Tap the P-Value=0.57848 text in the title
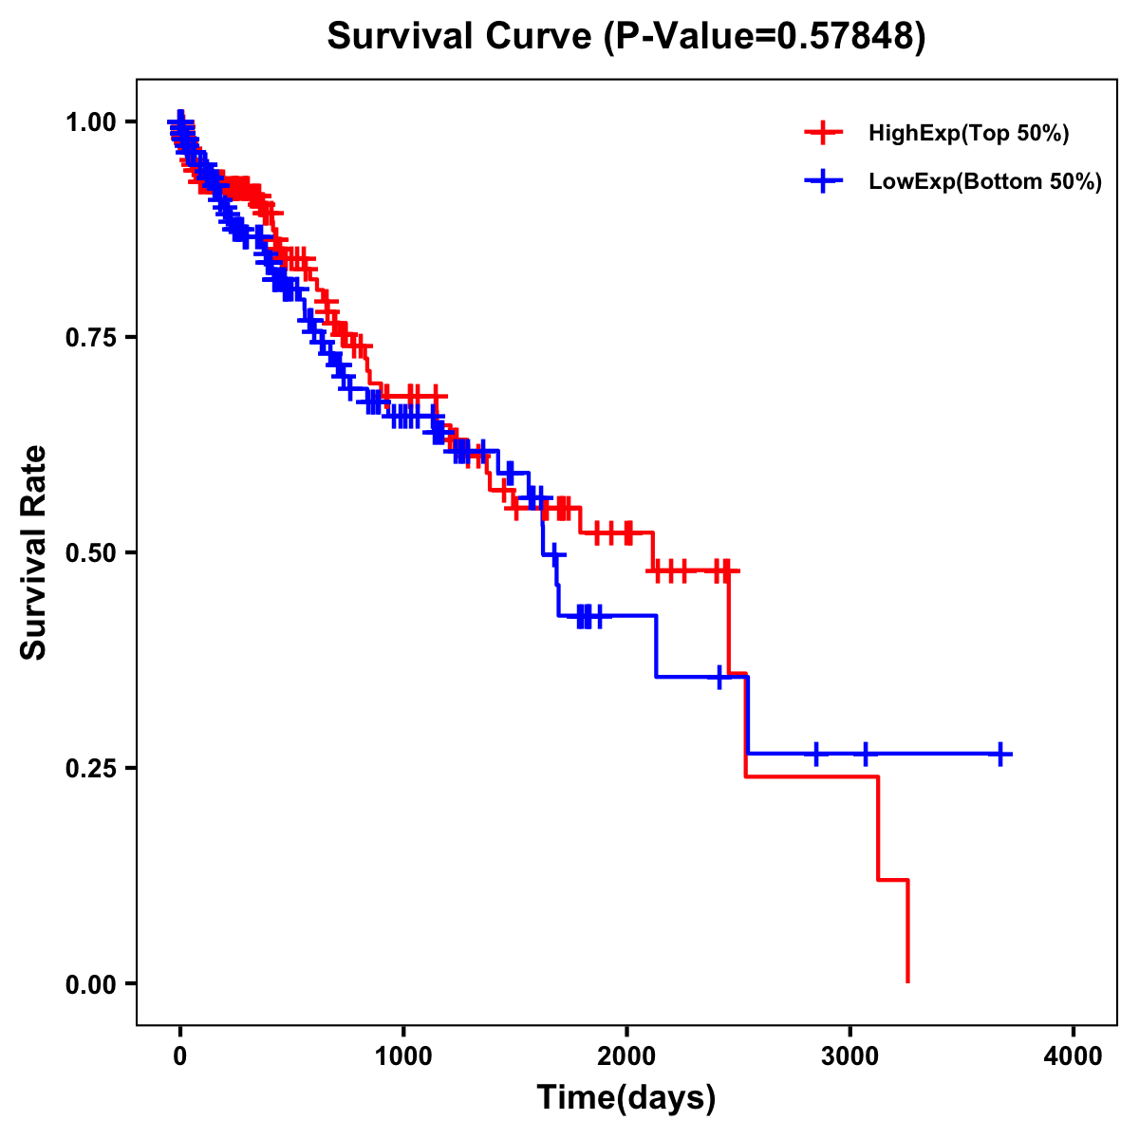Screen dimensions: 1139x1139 766,36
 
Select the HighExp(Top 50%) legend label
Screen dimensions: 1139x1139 969,134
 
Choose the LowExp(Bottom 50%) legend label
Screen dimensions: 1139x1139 985,182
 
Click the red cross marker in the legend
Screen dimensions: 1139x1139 823,134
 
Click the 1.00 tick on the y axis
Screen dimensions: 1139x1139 90,121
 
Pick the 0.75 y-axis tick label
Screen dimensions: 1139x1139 90,337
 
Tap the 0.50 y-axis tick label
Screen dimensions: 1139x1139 90,552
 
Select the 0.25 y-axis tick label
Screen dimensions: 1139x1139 90,768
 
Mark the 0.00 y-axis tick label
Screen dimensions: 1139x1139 90,983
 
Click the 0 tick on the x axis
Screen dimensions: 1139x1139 180,1056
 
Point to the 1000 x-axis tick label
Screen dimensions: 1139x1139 403,1056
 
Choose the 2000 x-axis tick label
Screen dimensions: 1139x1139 626,1056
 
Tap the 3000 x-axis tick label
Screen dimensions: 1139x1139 850,1056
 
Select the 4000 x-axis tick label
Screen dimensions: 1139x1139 1074,1056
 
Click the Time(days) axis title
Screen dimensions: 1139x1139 626,1098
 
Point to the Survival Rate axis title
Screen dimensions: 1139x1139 34,552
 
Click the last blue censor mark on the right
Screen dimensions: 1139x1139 999,754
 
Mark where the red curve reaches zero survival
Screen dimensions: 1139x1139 908,981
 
